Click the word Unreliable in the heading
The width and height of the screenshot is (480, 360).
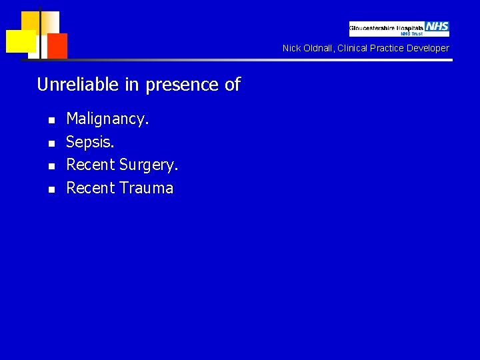69,85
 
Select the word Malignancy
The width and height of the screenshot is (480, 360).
108,120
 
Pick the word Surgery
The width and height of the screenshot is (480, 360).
149,165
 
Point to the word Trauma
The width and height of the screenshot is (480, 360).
147,188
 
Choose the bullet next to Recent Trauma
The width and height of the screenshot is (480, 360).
50,189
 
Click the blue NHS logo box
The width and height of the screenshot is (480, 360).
437,27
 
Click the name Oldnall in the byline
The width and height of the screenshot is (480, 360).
317,48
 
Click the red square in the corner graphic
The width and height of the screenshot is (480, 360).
57,45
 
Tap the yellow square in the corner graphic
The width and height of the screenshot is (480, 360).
21,41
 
